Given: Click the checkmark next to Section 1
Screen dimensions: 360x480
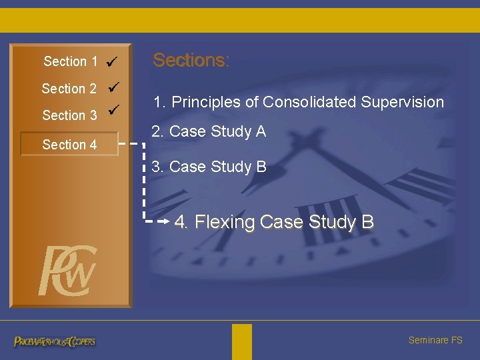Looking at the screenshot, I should (x=112, y=62).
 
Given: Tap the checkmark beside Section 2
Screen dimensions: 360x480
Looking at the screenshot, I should (x=113, y=87).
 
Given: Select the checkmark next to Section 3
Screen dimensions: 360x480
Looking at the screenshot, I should (x=114, y=109).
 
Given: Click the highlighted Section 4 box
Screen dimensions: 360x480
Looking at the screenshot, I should (x=69, y=145).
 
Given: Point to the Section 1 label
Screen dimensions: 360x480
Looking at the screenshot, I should (x=70, y=62).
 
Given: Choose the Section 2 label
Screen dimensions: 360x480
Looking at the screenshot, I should (x=69, y=89).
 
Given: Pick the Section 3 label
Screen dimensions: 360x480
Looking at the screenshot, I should (x=69, y=115).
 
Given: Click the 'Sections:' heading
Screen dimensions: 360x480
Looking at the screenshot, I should (x=191, y=61).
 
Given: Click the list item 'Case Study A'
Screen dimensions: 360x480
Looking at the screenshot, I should (x=217, y=132).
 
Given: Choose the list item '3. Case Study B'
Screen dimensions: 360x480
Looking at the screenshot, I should (x=209, y=167).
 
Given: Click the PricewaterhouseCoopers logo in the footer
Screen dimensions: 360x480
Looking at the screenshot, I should (x=55, y=341).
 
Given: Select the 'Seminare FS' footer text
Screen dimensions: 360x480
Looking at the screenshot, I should (x=435, y=341).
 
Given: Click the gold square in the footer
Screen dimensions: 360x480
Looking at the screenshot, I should (x=242, y=341).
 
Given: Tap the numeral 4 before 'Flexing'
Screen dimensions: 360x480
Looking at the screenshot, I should (x=180, y=222).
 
